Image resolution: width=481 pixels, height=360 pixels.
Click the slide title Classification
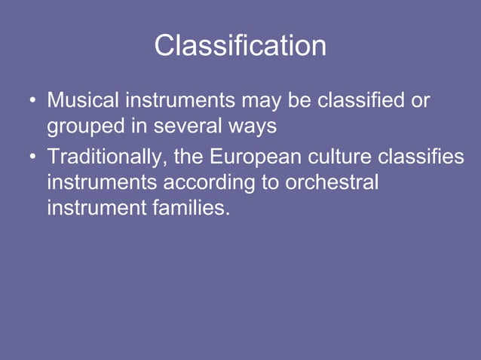pyautogui.click(x=240, y=46)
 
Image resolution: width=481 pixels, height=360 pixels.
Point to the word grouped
pyautogui.click(x=87, y=127)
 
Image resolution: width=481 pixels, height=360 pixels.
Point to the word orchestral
pyautogui.click(x=331, y=182)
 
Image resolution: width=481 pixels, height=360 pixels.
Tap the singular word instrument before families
pyautogui.click(x=94, y=208)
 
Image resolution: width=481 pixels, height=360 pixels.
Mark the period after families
pyautogui.click(x=227, y=214)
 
